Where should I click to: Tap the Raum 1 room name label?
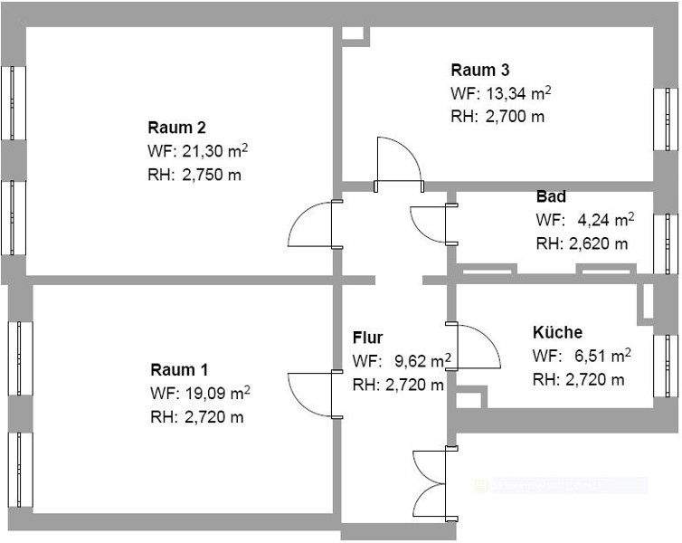[x=179, y=369]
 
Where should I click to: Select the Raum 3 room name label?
[x=479, y=70]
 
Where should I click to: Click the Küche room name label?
[x=557, y=332]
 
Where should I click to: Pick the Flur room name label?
[x=367, y=338]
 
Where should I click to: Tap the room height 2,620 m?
[x=594, y=243]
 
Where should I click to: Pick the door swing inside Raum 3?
[x=398, y=160]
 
